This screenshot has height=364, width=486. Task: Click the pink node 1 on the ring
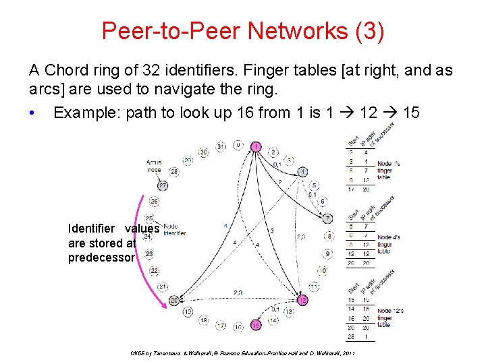point(256,146)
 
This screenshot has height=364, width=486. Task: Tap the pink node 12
point(303,300)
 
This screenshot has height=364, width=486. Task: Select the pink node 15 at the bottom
point(256,325)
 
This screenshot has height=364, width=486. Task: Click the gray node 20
point(173,300)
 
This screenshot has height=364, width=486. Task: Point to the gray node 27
point(162,185)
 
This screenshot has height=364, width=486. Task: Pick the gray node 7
point(328,218)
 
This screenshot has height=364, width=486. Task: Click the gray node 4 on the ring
point(303,171)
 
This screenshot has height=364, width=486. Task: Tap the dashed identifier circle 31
point(220,147)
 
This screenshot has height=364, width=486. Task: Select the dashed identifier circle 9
point(328,253)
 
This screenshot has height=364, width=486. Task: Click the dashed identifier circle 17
point(221,326)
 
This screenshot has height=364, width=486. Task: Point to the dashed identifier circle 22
point(154,270)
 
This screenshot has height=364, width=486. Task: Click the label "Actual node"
point(155,166)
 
